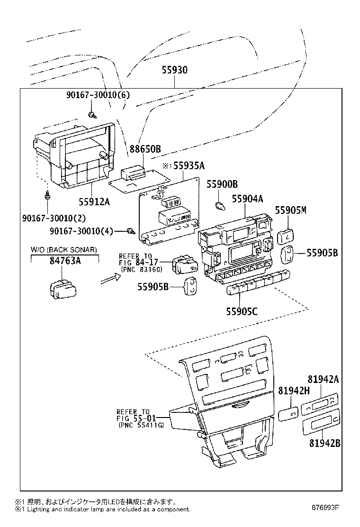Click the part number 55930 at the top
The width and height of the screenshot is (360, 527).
[x=175, y=70]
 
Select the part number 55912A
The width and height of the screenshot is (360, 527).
[x=94, y=202]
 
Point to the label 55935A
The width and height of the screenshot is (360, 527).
[x=189, y=165]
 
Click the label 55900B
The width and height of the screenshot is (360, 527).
[x=222, y=184]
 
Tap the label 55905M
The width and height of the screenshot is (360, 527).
[x=291, y=210]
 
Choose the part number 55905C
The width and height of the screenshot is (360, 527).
[x=242, y=311]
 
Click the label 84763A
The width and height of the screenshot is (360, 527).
[x=65, y=261]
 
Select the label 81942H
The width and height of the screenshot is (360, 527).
[x=294, y=391]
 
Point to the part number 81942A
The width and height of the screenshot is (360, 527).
[x=323, y=379]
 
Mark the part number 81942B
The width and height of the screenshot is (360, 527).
[x=325, y=443]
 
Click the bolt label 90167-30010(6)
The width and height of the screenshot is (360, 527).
[x=98, y=95]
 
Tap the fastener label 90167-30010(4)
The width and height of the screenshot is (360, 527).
[x=81, y=231]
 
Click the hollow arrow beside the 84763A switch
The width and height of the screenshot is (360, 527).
[x=110, y=278]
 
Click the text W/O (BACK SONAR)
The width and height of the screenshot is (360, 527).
[x=64, y=249]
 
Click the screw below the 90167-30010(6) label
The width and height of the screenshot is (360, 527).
[x=92, y=115]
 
